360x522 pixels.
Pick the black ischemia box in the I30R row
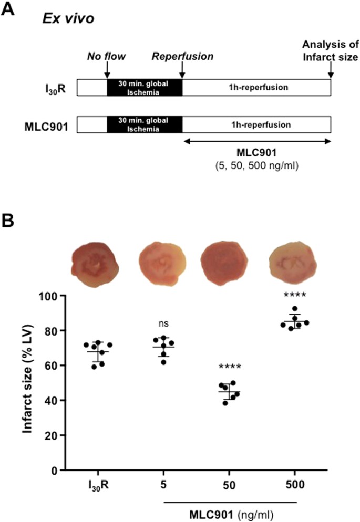tap(144, 87)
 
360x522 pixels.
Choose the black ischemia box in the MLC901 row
tap(144, 125)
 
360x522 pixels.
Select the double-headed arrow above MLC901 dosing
tap(256, 141)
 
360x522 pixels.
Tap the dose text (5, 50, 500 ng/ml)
tap(256, 163)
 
